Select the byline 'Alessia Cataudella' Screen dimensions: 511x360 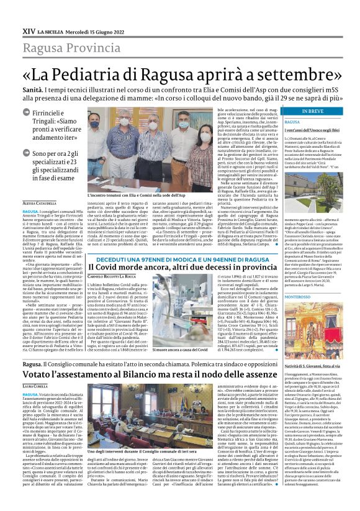40,203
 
